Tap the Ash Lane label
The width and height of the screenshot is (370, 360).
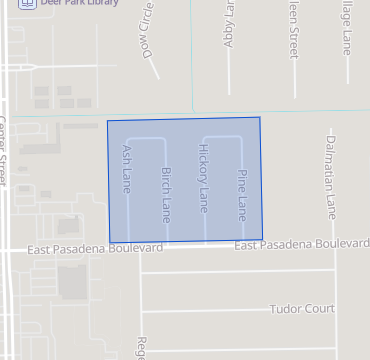click(x=127, y=169)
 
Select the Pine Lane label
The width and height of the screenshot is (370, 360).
click(x=241, y=194)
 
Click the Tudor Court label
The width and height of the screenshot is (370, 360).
click(x=301, y=309)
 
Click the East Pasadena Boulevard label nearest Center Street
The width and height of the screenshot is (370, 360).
click(x=95, y=247)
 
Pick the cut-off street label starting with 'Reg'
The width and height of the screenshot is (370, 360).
click(x=142, y=347)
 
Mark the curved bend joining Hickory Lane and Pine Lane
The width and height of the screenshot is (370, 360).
click(x=222, y=135)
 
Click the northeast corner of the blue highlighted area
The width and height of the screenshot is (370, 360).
click(x=260, y=118)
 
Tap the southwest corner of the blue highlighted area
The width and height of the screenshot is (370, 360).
click(x=109, y=243)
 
